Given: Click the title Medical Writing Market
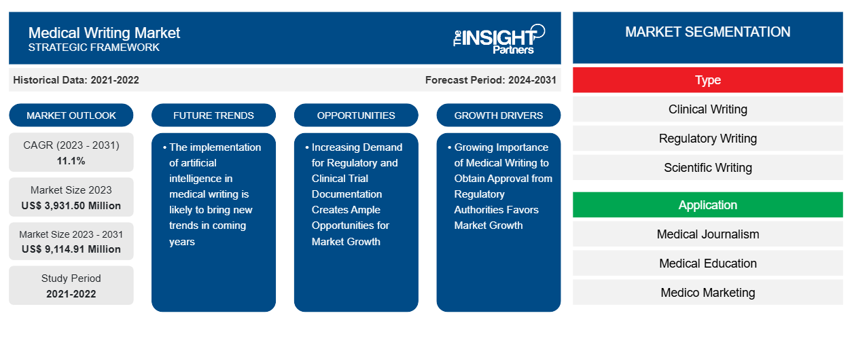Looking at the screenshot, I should [104, 32].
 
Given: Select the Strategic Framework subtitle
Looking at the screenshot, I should [94, 48].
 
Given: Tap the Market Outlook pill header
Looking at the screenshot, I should [71, 115].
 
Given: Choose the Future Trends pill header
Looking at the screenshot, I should [213, 115].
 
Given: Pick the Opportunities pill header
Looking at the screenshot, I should [356, 115].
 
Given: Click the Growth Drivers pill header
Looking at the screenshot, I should [499, 115].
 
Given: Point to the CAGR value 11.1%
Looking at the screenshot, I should [71, 161].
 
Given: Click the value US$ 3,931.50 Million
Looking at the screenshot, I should [71, 205].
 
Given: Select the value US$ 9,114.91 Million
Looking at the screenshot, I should [71, 249].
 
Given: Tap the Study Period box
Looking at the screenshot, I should [71, 285].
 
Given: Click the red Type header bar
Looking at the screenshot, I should [707, 80].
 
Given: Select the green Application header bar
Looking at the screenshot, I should [707, 205].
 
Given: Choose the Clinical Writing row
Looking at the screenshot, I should [707, 109].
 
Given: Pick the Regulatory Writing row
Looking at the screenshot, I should [707, 139].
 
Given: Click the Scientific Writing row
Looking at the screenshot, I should [707, 168].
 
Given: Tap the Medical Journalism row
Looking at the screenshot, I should [707, 234].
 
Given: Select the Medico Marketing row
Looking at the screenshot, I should [707, 293].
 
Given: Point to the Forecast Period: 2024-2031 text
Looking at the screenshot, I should [491, 80].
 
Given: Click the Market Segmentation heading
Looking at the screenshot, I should [707, 32].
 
